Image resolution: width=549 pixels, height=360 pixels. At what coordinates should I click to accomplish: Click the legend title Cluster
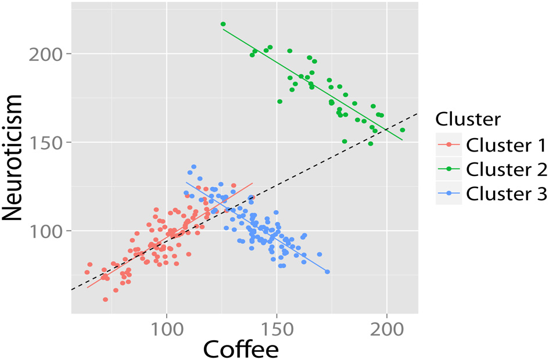[468, 119]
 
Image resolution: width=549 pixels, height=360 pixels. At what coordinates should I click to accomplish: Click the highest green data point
[223, 24]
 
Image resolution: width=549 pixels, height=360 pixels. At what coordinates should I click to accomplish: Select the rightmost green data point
[402, 130]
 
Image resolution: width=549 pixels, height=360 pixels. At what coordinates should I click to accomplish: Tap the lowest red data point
[105, 300]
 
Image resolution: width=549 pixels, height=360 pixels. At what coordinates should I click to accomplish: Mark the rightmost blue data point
[327, 272]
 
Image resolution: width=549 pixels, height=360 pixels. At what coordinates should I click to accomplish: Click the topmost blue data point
[193, 167]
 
